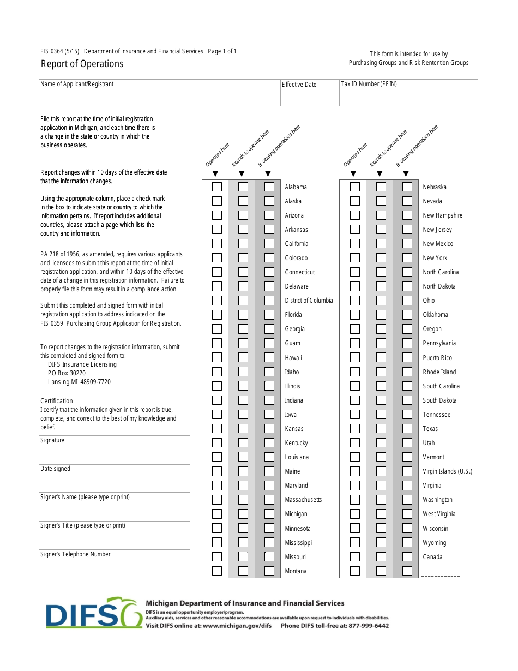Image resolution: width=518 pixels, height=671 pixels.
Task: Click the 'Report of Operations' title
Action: tap(82, 64)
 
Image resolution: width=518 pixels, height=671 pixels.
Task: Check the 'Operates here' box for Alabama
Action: tap(217, 187)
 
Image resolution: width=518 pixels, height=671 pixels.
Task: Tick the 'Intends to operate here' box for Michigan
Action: tap(243, 514)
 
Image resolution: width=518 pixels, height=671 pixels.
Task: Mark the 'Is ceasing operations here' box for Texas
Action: tap(407, 428)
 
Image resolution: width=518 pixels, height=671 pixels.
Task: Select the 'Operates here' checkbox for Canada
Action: tap(355, 556)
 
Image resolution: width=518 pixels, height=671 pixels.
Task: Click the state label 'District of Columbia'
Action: tap(309, 301)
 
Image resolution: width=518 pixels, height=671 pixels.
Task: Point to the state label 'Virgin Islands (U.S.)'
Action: tap(447, 471)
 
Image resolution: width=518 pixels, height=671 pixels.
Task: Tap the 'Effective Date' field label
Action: tap(299, 85)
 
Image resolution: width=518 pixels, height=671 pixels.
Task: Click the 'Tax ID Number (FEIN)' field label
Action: tap(369, 84)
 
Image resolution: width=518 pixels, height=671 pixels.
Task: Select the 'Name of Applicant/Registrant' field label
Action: tap(77, 84)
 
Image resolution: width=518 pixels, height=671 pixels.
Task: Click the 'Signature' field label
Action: tap(52, 440)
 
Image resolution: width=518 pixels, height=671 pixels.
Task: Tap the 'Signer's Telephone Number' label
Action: tap(75, 554)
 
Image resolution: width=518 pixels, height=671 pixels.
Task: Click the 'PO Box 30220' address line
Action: tap(67, 373)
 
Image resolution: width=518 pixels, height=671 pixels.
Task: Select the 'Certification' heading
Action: tap(56, 400)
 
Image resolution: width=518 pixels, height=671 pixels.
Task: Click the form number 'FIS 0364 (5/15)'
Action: tap(59, 51)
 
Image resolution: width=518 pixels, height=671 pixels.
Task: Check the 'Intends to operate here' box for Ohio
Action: tap(381, 300)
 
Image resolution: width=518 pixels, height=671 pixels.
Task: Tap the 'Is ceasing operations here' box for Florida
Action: tap(269, 314)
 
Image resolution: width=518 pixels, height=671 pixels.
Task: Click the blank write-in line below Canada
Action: tap(441, 575)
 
